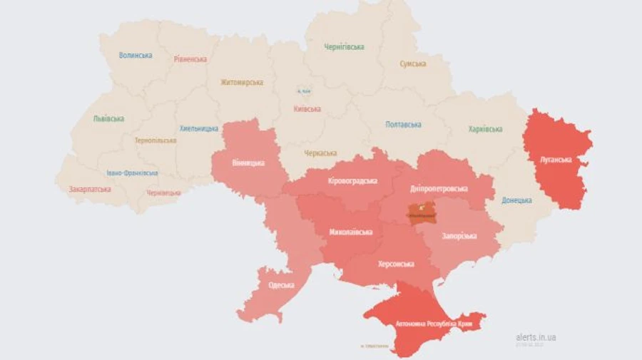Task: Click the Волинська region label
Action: tap(136, 56)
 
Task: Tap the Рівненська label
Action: tap(190, 59)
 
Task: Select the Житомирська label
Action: tap(241, 82)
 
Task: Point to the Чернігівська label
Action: tap(344, 47)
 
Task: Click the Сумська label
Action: tap(413, 63)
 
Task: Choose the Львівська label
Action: tap(108, 119)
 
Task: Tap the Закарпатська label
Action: tap(90, 190)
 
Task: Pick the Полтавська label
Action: tap(403, 125)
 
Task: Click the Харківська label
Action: tap(485, 129)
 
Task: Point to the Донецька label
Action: tap(516, 200)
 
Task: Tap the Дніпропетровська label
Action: tap(439, 189)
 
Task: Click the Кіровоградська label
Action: tap(352, 181)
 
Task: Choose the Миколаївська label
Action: tap(350, 232)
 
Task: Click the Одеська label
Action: tap(280, 285)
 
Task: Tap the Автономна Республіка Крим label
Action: tap(434, 324)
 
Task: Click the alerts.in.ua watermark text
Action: tap(536, 337)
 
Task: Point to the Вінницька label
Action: tap(248, 163)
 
